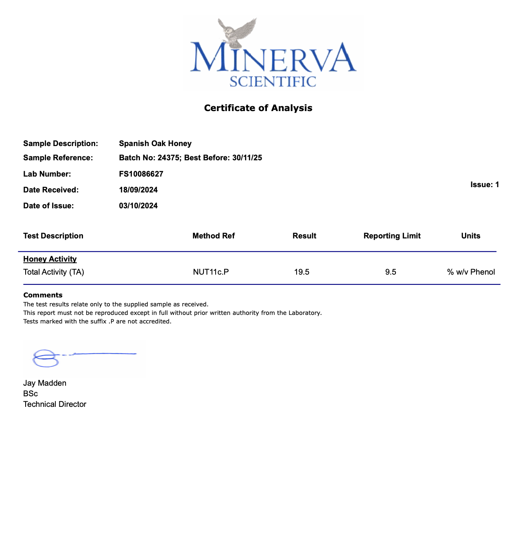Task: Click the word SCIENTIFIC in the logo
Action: point(273,81)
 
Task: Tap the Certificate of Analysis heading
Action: point(258,108)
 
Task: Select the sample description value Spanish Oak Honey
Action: point(155,143)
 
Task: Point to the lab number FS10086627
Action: point(141,174)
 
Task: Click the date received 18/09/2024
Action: point(138,190)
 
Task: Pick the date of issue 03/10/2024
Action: point(138,206)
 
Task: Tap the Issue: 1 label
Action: point(484,185)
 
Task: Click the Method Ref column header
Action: point(213,236)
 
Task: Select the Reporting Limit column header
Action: point(392,236)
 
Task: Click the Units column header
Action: point(470,236)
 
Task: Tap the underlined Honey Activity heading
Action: point(50,259)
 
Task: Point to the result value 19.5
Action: point(302,272)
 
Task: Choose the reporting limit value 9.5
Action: point(391,272)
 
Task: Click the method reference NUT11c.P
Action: point(211,272)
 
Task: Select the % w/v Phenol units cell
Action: point(471,272)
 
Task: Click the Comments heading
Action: point(43,295)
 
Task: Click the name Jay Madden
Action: point(45,383)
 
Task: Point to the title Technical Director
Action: point(55,404)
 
